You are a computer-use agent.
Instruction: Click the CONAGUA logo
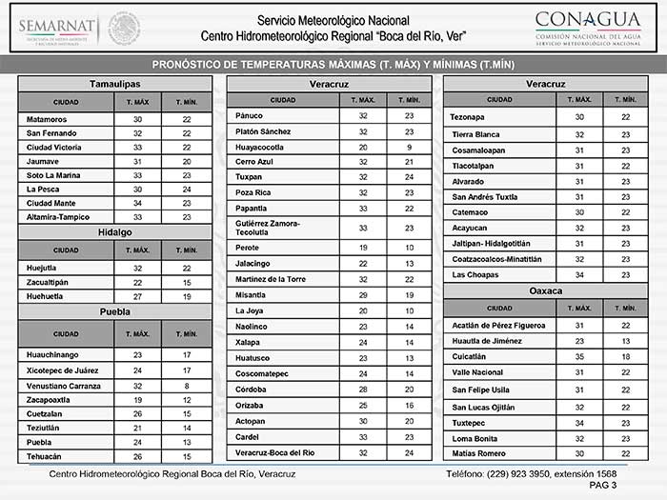[x=587, y=26]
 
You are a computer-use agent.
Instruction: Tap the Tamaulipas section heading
[x=115, y=84]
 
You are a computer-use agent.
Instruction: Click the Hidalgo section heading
[x=115, y=232]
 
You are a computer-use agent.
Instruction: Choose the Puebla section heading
[x=115, y=311]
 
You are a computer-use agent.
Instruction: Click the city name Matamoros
[x=48, y=119]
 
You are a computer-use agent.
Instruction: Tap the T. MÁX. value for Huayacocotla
[x=362, y=147]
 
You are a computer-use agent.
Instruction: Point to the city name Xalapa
[x=248, y=341]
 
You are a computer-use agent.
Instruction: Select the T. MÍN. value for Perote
[x=409, y=247]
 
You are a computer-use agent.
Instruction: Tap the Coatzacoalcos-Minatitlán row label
[x=495, y=258]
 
